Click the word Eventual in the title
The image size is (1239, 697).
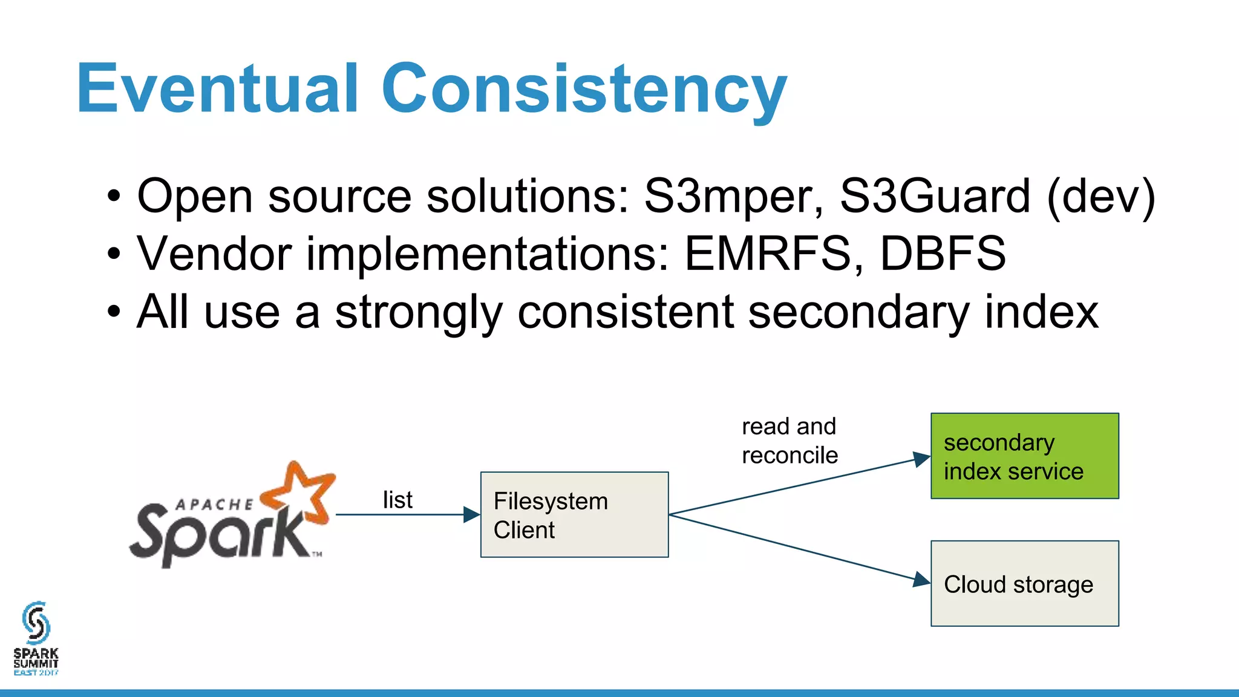pos(218,89)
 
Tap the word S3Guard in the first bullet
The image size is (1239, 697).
pos(935,197)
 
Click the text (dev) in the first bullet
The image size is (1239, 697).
pos(1101,197)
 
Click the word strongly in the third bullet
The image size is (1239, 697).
pos(419,313)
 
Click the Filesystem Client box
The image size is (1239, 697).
pos(574,515)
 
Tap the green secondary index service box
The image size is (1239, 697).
pos(1024,456)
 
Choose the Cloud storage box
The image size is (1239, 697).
pos(1024,584)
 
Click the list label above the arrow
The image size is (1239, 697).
pos(397,500)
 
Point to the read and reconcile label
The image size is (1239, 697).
pos(789,441)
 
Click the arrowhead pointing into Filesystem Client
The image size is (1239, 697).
pos(471,515)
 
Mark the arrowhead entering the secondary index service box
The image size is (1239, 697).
pos(921,459)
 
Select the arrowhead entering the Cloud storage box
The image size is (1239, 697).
pos(921,580)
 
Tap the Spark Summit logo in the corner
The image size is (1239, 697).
pos(36,638)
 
